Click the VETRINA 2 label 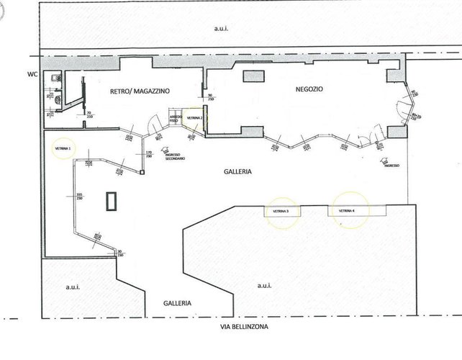pos(195,117)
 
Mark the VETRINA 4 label pos(347,210)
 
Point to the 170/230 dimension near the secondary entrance pos(150,154)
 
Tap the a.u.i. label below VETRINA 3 pos(263,286)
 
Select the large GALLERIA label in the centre pos(237,172)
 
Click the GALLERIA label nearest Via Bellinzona pos(176,303)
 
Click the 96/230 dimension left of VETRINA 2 pos(211,97)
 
